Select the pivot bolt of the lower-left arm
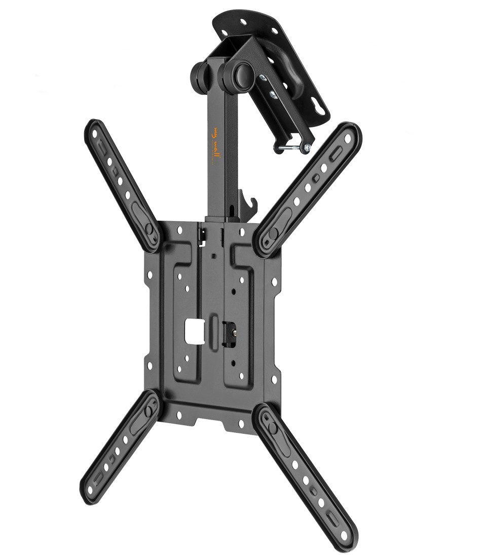coord(152,409)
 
